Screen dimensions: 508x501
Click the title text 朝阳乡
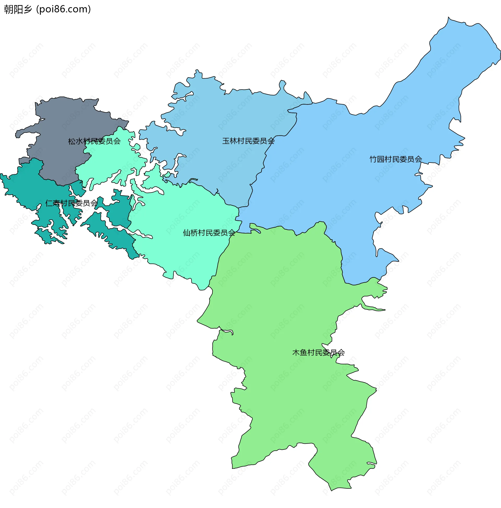[18, 9]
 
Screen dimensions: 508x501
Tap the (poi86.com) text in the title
[63, 9]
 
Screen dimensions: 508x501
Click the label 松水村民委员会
[94, 141]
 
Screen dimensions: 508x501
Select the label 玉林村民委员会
[248, 141]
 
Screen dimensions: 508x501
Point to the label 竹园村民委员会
[396, 159]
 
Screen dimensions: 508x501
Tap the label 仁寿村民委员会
[71, 203]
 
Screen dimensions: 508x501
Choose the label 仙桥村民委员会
[209, 233]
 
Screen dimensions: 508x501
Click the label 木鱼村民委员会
[318, 352]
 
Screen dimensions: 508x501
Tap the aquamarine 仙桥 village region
[184, 250]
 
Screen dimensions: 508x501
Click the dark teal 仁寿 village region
[26, 184]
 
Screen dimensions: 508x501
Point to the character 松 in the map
[72, 141]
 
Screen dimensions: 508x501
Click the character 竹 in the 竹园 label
[373, 159]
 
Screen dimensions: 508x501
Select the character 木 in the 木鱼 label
[296, 352]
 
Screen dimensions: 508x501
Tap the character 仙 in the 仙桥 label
[187, 233]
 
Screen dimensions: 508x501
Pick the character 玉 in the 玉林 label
[226, 141]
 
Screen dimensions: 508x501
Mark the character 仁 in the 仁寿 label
[49, 203]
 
